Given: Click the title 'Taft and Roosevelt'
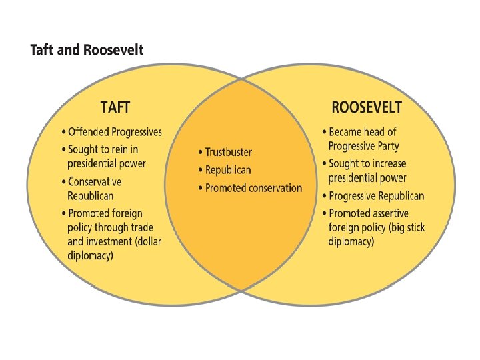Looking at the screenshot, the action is tap(86, 50).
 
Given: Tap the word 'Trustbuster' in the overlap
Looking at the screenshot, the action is tap(228, 153).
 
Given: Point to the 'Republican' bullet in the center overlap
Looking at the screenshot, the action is tap(228, 171).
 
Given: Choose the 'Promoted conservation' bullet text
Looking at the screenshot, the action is tap(253, 188).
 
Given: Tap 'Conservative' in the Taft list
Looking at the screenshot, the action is tap(95, 181).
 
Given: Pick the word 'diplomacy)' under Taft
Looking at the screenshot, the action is tap(90, 255).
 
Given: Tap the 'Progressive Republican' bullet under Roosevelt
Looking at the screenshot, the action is tap(376, 196).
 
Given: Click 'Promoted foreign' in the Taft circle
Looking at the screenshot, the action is tap(107, 213).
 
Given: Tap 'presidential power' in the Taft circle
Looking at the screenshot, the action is tap(106, 163).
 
